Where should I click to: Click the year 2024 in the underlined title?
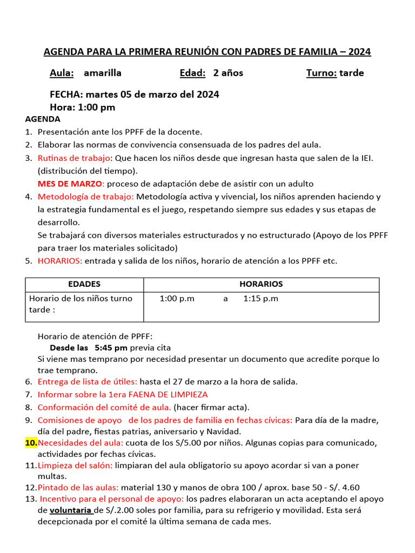point(359,52)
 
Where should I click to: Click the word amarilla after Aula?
point(103,73)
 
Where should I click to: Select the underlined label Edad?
point(192,73)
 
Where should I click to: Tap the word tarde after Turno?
point(352,73)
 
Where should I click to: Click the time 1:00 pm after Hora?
point(97,107)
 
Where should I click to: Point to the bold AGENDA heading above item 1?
point(43,119)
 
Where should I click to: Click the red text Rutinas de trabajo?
point(73,158)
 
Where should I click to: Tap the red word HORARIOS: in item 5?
point(60,261)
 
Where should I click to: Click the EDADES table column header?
point(84,284)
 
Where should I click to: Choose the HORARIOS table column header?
point(261,284)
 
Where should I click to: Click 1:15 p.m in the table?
point(261,299)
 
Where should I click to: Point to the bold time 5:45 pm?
point(111,347)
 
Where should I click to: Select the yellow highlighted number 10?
point(31,443)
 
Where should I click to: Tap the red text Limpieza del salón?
point(75,465)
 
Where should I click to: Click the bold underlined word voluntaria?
point(71,510)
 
